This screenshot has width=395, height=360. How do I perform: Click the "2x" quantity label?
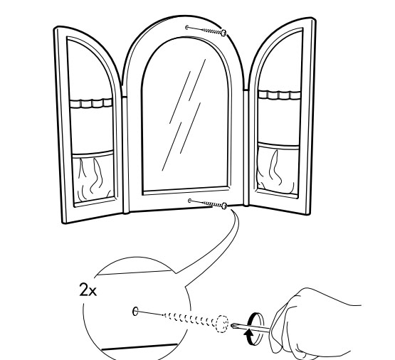(88, 290)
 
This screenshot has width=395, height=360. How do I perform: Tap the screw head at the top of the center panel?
(223, 33)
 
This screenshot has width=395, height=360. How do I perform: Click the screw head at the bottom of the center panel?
(224, 206)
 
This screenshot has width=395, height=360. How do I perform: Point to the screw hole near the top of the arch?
(186, 27)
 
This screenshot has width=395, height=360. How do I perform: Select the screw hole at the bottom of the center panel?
(190, 201)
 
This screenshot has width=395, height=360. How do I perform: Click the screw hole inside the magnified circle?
(135, 312)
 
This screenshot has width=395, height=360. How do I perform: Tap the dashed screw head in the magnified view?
(222, 324)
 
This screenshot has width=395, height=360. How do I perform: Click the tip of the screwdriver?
(233, 326)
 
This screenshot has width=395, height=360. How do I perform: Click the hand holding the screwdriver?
(312, 324)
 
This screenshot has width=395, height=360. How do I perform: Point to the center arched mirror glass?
(186, 116)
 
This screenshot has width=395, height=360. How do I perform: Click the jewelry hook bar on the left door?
(91, 103)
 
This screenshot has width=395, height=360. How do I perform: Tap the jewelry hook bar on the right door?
(280, 95)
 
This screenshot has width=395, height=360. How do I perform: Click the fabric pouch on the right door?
(277, 169)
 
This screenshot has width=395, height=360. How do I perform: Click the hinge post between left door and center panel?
(125, 154)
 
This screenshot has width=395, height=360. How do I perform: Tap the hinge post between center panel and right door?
(246, 147)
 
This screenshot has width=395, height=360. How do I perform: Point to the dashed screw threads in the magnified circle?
(189, 319)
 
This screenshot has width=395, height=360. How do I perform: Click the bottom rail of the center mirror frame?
(186, 191)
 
